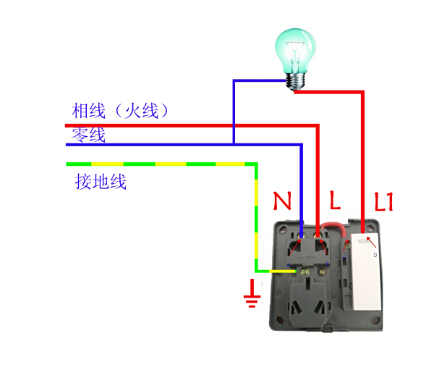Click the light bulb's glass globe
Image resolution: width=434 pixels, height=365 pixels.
point(295,51)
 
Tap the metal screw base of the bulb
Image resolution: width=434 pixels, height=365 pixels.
point(295,82)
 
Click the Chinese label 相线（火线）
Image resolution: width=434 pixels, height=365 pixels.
point(119,111)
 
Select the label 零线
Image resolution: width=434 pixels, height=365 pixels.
point(88,135)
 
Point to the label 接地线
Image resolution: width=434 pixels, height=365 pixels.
point(101,182)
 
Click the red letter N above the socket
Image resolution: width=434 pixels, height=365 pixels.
point(282,201)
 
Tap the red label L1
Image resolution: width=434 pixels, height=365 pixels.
point(383,201)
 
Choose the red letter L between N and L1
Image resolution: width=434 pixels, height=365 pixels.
point(335,200)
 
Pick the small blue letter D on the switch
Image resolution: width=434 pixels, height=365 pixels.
point(375,255)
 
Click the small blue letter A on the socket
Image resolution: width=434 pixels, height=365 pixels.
point(288,265)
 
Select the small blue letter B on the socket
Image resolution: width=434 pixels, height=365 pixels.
point(328,264)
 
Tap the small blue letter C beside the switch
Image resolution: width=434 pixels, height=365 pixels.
point(344,257)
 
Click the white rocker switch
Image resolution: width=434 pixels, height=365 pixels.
point(365,272)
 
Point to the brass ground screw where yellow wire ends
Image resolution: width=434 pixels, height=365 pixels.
point(305,272)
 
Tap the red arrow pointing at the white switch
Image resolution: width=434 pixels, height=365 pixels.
point(371,242)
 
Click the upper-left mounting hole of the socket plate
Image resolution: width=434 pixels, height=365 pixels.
point(283,229)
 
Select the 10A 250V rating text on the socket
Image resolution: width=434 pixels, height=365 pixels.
point(308,258)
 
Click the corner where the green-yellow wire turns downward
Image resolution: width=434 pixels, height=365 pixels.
point(256,164)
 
